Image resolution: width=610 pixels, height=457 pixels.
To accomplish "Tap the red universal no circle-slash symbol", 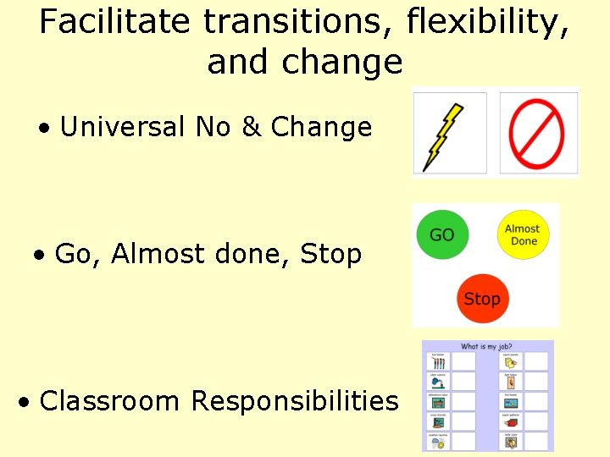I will pos(536,135).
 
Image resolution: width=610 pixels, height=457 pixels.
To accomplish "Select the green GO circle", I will pos(442,234).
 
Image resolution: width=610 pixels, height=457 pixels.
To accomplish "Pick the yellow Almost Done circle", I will pos(523,234).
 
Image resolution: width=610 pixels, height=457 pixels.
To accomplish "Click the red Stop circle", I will pos(481,299).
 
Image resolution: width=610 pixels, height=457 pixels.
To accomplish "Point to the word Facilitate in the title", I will pos(114,22).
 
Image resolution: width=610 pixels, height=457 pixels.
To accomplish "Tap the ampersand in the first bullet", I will pos(251,127).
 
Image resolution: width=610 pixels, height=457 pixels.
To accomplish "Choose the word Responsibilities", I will pos(295,400).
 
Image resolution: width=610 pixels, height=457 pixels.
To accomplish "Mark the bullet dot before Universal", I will pos(44,129).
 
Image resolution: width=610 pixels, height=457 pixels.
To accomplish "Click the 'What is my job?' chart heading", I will pos(486,346).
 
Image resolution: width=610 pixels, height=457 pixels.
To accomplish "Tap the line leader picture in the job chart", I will pos(438,362).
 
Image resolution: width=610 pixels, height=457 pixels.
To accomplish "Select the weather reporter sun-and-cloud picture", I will pos(438,441).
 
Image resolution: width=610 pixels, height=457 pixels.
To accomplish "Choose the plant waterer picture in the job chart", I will pos(438,382).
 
